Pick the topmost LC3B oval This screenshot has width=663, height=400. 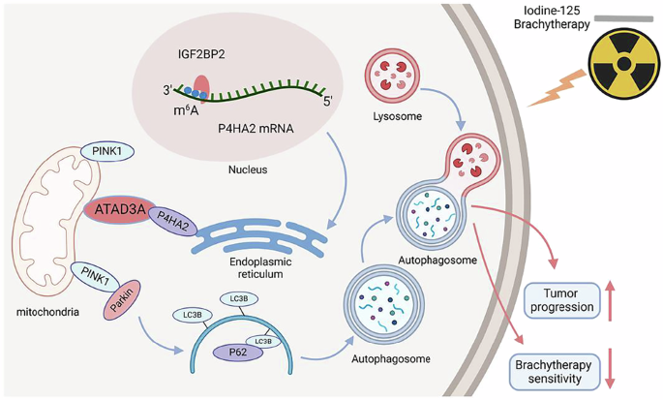tap(238, 298)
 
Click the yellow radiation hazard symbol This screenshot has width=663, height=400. tap(617, 57)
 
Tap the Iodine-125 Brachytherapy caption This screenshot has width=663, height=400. tap(616, 15)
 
